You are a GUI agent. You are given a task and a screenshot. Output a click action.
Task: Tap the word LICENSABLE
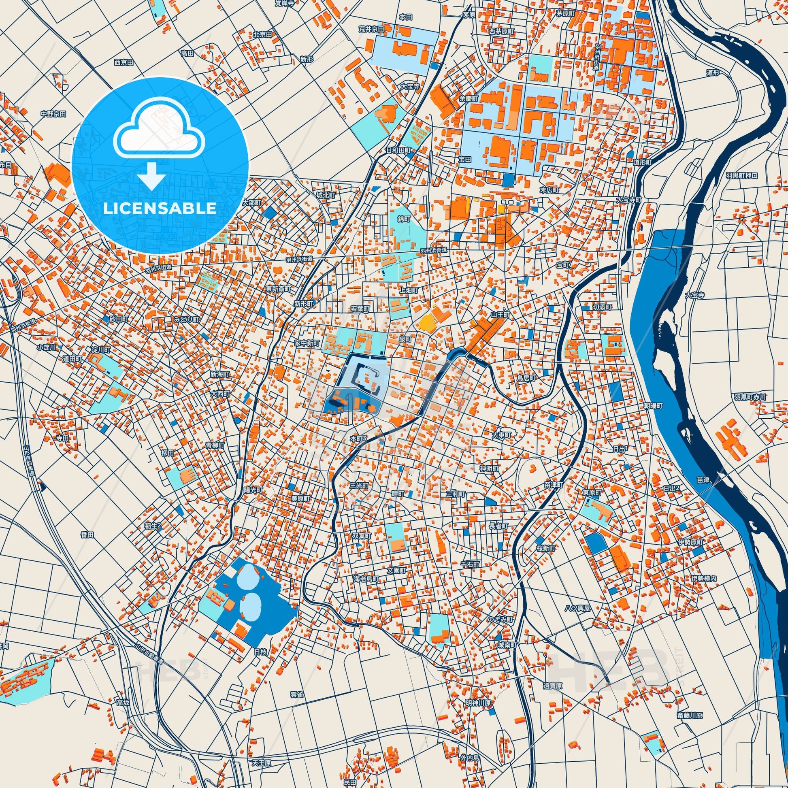(x=160, y=209)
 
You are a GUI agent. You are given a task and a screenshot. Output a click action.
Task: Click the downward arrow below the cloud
(x=151, y=176)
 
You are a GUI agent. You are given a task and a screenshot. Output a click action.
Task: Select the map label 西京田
(x=124, y=62)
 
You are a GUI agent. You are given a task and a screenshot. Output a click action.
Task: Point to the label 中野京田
(x=53, y=114)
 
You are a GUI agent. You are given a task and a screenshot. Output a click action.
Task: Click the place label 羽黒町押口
(x=741, y=176)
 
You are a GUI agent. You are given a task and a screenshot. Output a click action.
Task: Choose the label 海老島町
(x=366, y=579)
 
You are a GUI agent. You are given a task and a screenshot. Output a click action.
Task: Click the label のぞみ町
(x=500, y=619)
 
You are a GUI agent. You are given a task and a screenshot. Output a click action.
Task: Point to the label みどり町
(x=186, y=319)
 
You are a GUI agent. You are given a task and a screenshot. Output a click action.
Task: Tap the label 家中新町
(x=307, y=343)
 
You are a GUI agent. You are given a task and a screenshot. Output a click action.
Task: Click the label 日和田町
(x=400, y=150)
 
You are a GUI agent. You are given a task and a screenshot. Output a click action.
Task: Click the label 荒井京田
(x=371, y=29)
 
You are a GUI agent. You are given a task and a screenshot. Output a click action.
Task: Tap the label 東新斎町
(x=278, y=288)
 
